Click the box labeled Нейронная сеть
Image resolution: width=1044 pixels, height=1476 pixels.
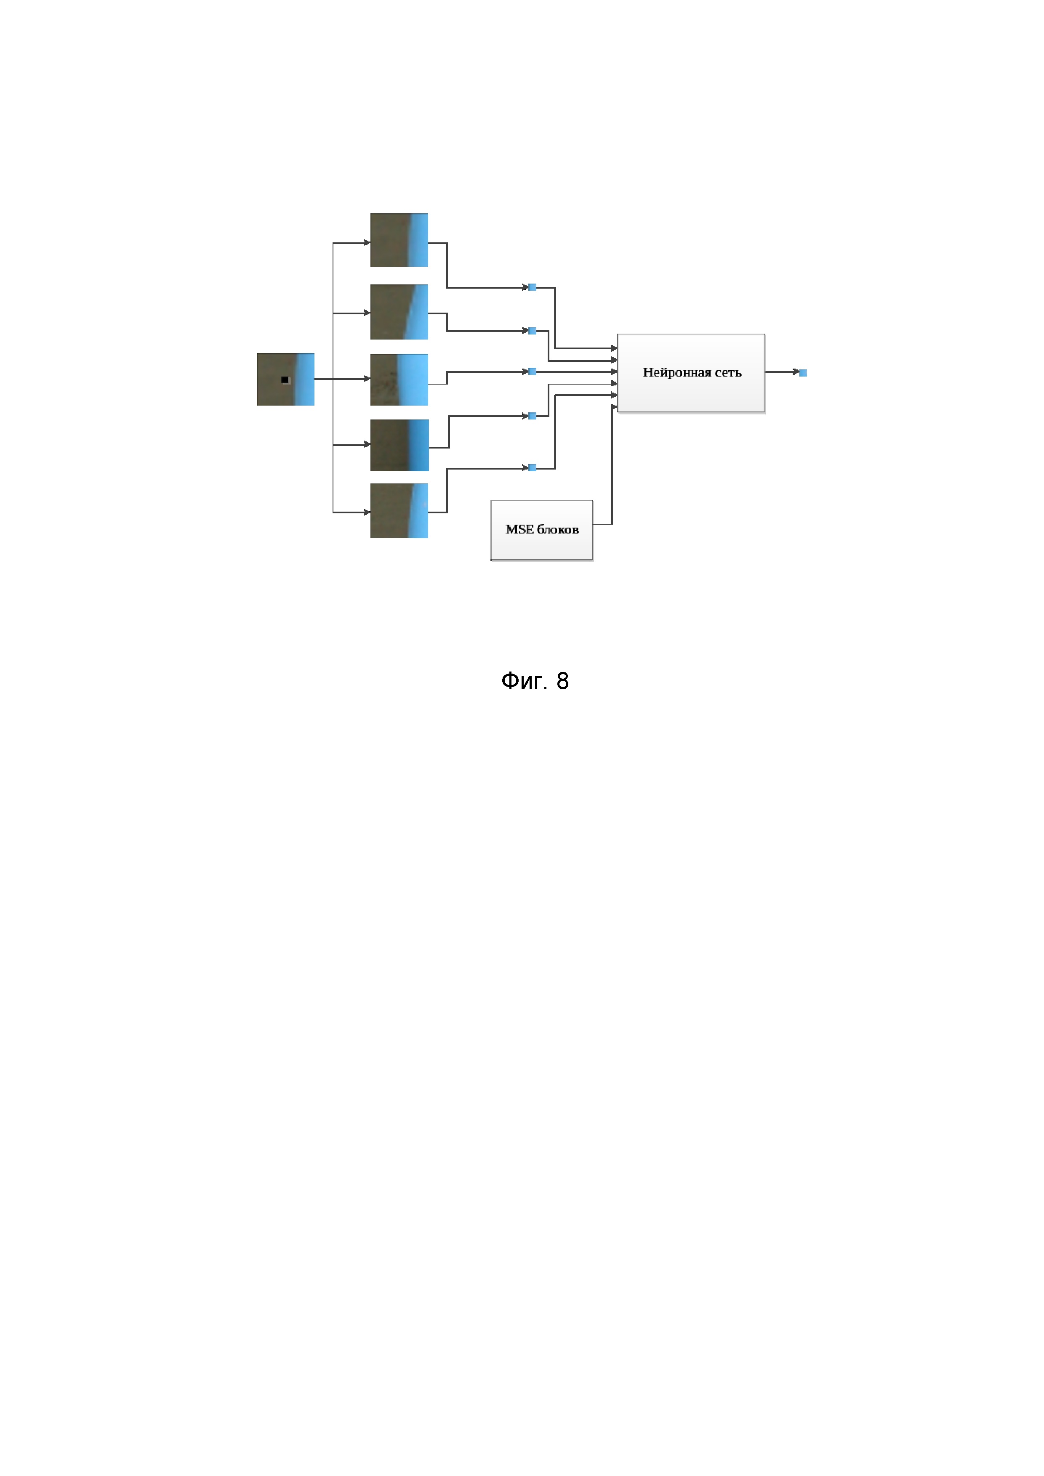[x=690, y=372]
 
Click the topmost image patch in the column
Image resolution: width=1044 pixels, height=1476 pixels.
[x=399, y=240]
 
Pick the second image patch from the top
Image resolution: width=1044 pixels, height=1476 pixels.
[x=399, y=312]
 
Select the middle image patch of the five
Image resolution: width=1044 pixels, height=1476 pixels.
[x=399, y=379]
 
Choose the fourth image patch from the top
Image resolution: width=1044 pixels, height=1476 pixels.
[x=399, y=445]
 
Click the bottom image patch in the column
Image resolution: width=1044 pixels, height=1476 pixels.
[x=399, y=510]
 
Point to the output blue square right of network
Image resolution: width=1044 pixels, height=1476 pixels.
[x=803, y=373]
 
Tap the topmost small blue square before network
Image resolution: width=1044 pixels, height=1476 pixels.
[x=532, y=287]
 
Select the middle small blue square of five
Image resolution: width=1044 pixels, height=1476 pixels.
[x=532, y=371]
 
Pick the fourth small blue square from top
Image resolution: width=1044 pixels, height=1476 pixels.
[x=532, y=416]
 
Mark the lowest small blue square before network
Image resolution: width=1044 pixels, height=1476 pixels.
[x=532, y=468]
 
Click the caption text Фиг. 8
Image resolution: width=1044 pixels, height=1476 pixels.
[x=535, y=681]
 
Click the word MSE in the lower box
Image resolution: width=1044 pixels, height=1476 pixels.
[x=519, y=530]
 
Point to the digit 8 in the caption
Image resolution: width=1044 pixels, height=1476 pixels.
[x=562, y=681]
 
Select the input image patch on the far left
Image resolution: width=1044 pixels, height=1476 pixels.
[x=285, y=379]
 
